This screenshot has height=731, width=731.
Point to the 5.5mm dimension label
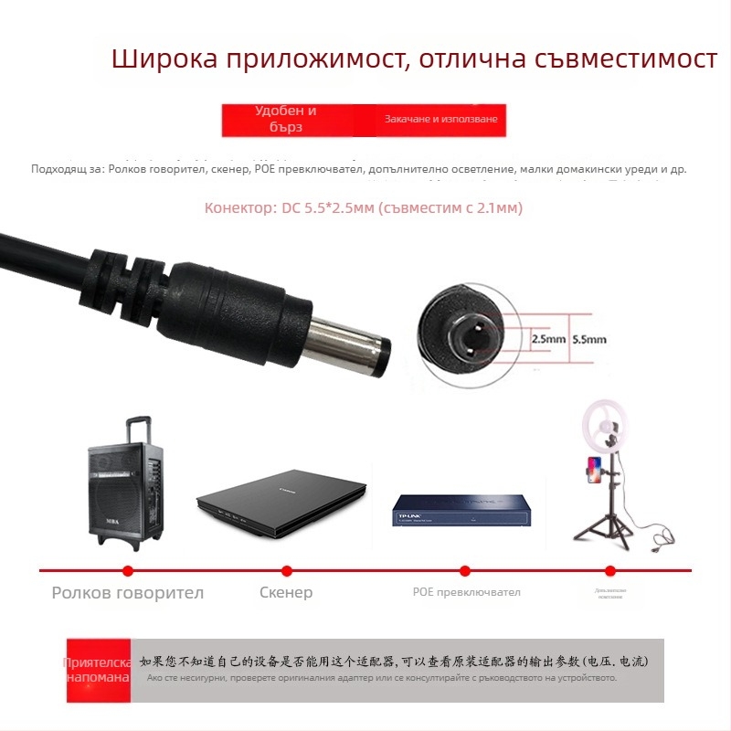pyautogui.click(x=588, y=338)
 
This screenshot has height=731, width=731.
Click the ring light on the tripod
pyautogui.click(x=607, y=431)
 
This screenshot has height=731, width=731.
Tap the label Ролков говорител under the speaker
pyautogui.click(x=127, y=592)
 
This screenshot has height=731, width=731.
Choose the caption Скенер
pyautogui.click(x=286, y=592)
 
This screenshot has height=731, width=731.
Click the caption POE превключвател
pyautogui.click(x=466, y=592)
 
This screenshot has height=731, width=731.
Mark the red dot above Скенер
pyautogui.click(x=286, y=570)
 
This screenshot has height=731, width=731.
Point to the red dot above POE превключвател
pyautogui.click(x=464, y=570)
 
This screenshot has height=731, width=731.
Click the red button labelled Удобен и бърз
pyautogui.click(x=286, y=120)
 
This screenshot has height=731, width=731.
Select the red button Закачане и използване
pyautogui.click(x=440, y=120)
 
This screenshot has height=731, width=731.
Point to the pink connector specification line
pyautogui.click(x=364, y=208)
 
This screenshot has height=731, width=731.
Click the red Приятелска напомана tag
pyautogui.click(x=98, y=670)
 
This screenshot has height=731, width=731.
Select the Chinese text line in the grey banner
pyautogui.click(x=402, y=660)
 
